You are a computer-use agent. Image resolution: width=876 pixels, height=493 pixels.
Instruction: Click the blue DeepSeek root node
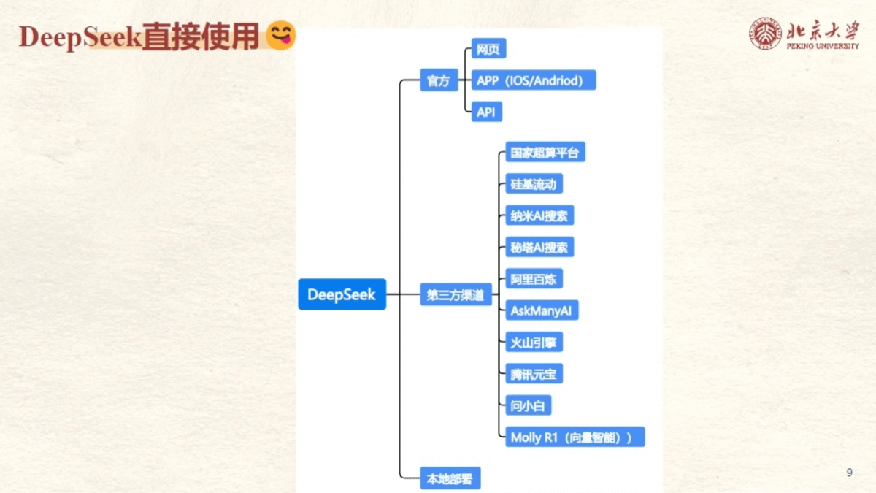click(342, 294)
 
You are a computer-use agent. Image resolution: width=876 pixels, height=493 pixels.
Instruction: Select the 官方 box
click(439, 80)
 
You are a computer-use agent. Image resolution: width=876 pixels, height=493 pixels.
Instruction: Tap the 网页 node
click(489, 48)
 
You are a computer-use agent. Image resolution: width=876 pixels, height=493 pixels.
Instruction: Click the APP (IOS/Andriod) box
click(534, 80)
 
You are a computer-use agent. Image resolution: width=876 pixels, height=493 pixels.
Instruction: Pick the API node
click(487, 112)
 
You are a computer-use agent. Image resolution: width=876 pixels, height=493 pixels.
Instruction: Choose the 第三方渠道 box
click(456, 294)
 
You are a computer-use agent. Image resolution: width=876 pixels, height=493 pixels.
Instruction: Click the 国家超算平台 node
click(545, 152)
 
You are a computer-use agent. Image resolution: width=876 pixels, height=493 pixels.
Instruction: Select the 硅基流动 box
click(534, 183)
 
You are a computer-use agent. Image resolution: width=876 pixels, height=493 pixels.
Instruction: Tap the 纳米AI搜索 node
click(539, 215)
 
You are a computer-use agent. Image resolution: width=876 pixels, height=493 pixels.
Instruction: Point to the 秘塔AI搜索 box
click(539, 247)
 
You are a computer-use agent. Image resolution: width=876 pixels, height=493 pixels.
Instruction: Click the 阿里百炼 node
click(534, 278)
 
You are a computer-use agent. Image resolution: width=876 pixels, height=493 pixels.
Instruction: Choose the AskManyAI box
click(542, 310)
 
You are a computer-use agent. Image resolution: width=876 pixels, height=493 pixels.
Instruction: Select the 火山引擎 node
click(534, 342)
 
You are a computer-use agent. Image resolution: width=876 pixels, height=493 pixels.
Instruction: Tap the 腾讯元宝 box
click(534, 374)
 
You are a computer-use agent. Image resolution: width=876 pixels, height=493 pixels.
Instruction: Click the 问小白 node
click(529, 405)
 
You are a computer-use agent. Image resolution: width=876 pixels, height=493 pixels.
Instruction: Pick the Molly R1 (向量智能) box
click(575, 437)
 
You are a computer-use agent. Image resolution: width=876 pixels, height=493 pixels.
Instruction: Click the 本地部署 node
click(450, 478)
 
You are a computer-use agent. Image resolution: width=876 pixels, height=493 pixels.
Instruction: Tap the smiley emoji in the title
click(281, 35)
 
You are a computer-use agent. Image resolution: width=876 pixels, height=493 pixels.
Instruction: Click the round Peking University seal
click(765, 34)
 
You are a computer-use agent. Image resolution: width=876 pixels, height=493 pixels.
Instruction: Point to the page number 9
click(850, 473)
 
